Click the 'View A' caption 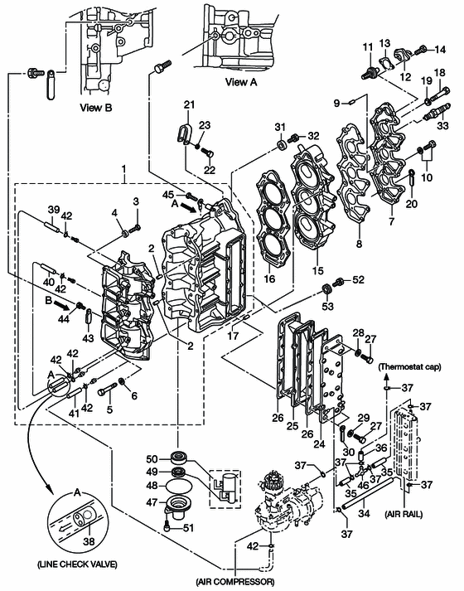coord(241,82)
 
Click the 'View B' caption coord(96,108)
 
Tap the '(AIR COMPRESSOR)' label coord(235,582)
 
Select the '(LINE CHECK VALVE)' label coord(77,564)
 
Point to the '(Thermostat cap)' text coord(410,366)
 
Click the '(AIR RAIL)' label coord(404,514)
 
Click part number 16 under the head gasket coord(269,279)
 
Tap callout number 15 coord(318,270)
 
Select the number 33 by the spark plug coord(443,125)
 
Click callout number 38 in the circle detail coord(89,541)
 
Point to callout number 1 coord(124,170)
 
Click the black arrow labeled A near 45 coord(189,206)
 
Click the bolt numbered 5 coord(108,390)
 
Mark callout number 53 coord(327,305)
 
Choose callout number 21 coord(190,104)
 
